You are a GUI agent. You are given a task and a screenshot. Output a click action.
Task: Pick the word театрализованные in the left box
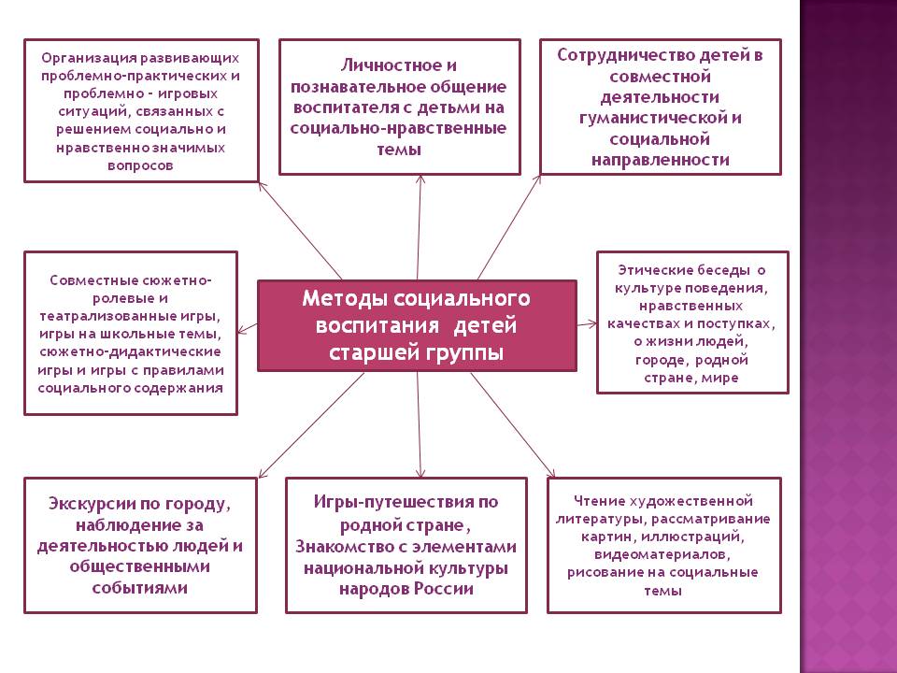(x=95, y=316)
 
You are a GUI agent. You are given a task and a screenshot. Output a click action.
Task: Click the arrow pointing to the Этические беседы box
(x=586, y=323)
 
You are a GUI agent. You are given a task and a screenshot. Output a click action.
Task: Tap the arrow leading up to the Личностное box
(x=420, y=224)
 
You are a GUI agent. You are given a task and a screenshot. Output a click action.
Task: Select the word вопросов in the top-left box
(x=139, y=164)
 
